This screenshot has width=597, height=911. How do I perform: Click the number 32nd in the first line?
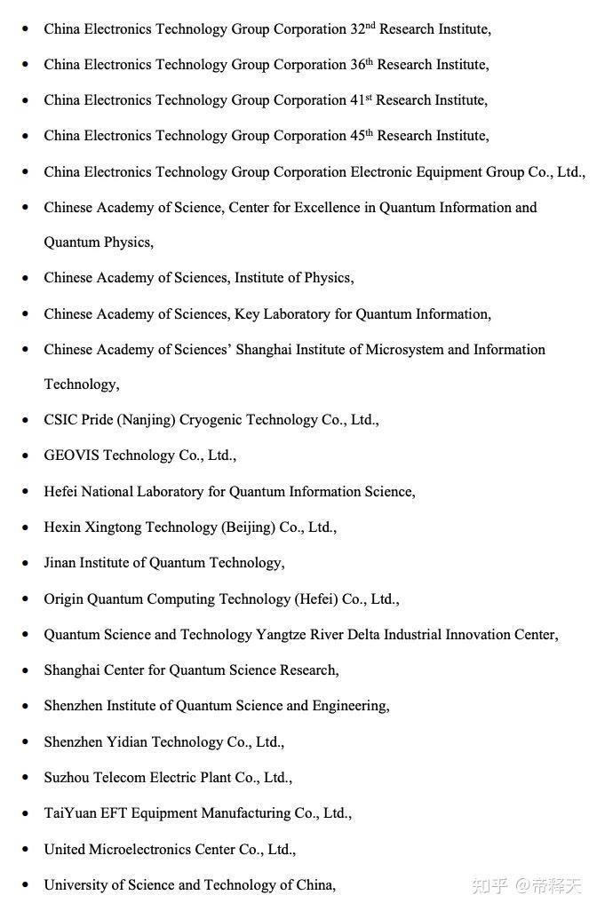[362, 28]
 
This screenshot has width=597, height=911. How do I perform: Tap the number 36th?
[362, 64]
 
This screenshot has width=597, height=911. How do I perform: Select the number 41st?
[361, 99]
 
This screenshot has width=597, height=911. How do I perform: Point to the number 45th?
[362, 135]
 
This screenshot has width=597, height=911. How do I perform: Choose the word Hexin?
[62, 527]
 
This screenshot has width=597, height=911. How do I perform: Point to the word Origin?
[65, 599]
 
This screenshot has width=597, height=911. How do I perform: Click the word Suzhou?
[67, 777]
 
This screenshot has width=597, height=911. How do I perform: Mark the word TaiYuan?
[70, 812]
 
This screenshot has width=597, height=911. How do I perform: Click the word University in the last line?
[76, 884]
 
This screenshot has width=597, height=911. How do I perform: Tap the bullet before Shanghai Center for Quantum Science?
[25, 670]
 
